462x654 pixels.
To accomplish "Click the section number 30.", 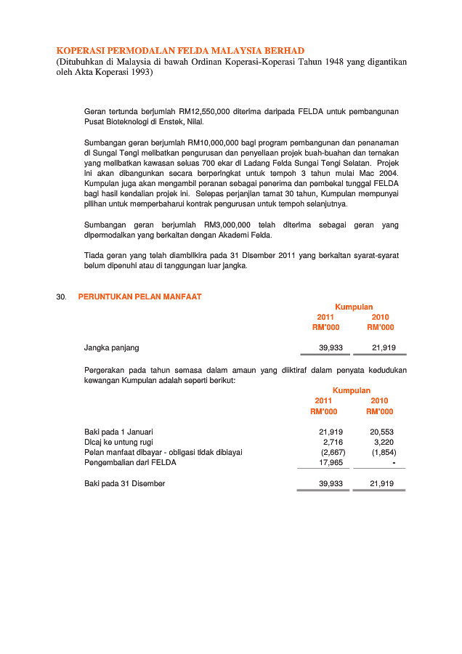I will (x=61, y=296).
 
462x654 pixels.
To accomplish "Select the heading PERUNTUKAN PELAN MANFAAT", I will (x=139, y=296).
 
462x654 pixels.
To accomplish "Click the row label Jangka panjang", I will (x=111, y=348).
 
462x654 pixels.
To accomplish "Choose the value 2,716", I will (x=333, y=442).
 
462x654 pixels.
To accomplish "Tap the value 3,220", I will (x=384, y=442).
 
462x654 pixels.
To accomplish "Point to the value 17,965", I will (x=331, y=462).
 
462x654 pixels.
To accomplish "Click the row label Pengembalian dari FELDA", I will (x=130, y=462).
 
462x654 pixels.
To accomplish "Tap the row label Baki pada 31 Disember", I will (x=124, y=484).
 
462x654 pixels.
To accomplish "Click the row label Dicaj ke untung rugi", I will (x=118, y=442).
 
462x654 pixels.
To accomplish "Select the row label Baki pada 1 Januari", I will (x=118, y=432).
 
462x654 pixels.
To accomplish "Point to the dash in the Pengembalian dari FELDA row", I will (x=393, y=462).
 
